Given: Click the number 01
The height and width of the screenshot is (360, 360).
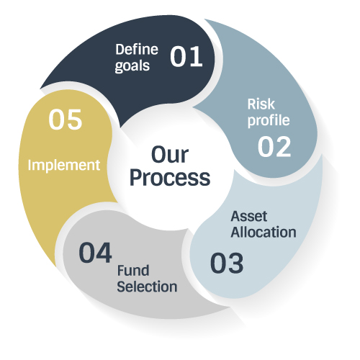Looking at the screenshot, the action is point(186,56).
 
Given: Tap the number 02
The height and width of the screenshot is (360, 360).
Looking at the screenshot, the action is point(274,147).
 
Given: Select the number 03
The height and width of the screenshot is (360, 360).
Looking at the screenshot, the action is point(227,263).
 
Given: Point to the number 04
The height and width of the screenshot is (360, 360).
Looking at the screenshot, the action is point(95,253).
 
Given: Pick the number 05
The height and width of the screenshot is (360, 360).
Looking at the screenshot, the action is point(66,120).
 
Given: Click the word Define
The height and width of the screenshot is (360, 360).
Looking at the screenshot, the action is point(137,50).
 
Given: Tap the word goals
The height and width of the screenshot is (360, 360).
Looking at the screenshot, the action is point(132,66).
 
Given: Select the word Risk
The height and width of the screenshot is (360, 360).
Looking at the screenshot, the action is point(261,104).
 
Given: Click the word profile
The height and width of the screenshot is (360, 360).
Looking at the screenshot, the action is point(269,120).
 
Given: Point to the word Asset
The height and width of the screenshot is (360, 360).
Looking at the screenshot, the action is point(249,216).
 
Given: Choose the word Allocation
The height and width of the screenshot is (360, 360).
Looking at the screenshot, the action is point(264,232).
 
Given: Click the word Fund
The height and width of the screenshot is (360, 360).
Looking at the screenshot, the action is point(133,271).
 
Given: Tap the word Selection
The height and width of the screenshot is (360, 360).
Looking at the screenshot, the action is point(147,287).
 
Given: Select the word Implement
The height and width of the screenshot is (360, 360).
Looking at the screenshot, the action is point(64,166).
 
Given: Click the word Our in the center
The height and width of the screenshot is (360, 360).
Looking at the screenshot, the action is point(170,155).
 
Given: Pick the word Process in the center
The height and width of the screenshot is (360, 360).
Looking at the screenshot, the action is point(170,178).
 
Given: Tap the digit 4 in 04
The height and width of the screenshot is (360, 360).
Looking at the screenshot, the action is point(104,253).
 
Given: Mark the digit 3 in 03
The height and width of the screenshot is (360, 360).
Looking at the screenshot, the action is point(235,263).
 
